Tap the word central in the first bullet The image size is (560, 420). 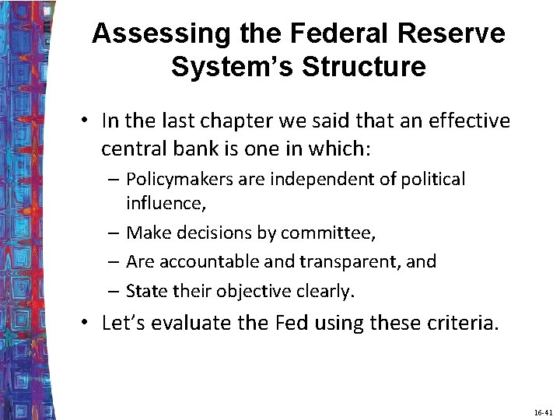[130, 148]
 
